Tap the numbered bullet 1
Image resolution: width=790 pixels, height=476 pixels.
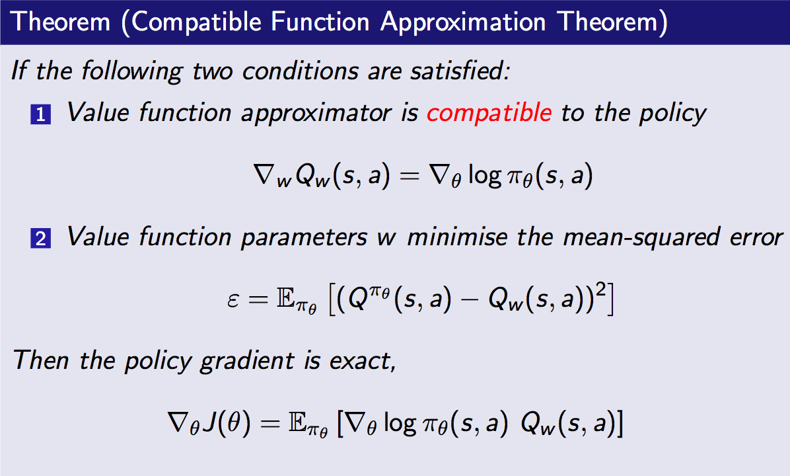click(41, 114)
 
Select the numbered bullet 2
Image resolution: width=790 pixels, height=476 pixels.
click(41, 238)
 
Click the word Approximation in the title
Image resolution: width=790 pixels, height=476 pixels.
click(463, 22)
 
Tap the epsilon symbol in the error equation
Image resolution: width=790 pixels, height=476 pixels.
click(233, 301)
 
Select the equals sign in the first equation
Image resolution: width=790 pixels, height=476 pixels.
click(409, 176)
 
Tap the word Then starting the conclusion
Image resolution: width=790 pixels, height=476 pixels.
click(41, 360)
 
